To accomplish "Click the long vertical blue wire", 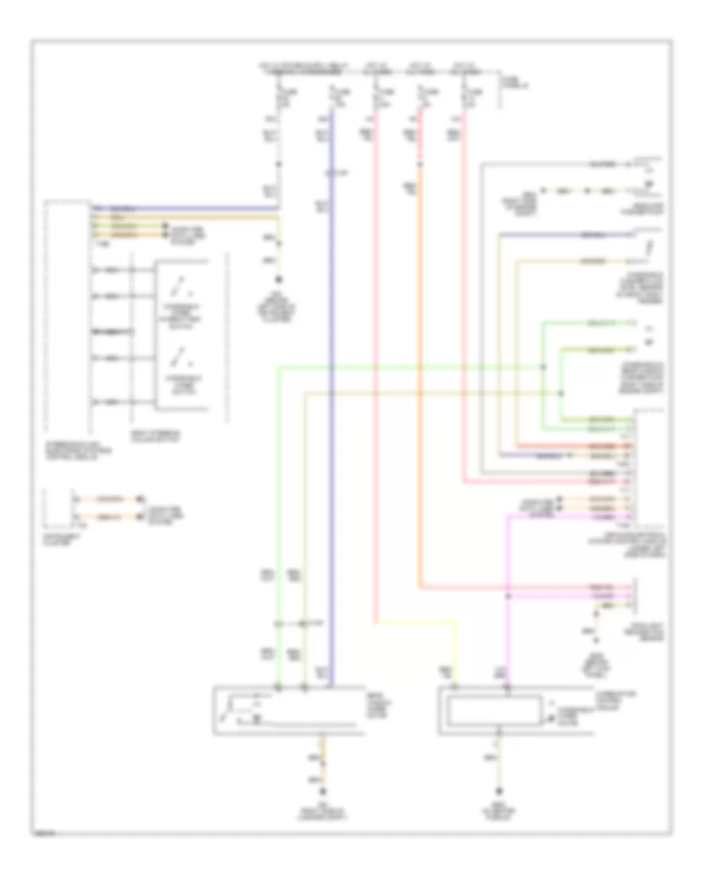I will tap(333, 398).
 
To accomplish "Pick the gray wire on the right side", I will tap(482, 318).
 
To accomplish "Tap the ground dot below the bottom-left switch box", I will tap(323, 790).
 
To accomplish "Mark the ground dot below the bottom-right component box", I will tap(500, 790).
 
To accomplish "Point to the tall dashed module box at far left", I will tap(68, 318).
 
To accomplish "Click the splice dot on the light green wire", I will tap(543, 367).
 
